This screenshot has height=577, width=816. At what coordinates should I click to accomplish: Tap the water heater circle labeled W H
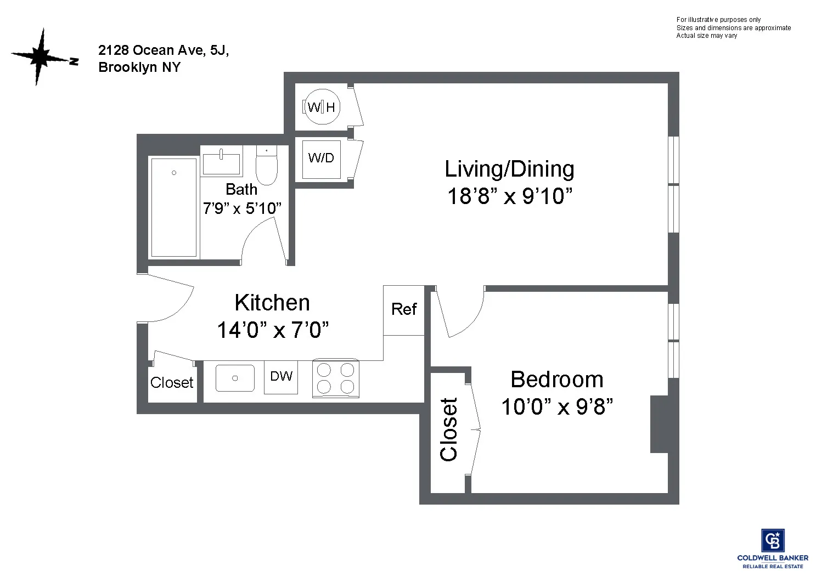coord(322,107)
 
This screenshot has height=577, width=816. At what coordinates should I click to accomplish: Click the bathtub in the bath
coord(173,207)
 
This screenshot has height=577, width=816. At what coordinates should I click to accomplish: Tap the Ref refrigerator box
coord(404,310)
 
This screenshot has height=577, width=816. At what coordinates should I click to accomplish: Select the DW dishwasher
coord(281,377)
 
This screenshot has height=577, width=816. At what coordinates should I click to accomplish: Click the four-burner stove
coord(335,378)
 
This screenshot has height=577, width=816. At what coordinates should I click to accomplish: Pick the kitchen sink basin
coord(235,378)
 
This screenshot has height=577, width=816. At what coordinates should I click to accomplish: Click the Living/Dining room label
coord(509,169)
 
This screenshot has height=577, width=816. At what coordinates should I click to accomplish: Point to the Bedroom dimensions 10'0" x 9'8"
coord(556,407)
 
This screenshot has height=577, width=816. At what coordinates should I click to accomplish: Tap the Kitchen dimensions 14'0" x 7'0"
coord(273,330)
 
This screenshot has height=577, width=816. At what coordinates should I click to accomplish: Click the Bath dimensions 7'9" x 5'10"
coord(242,208)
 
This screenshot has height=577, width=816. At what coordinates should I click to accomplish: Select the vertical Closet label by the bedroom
coord(449,429)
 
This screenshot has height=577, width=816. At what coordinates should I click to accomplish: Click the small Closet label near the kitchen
coord(172,383)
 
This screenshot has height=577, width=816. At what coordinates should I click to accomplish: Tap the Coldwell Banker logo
coord(772,548)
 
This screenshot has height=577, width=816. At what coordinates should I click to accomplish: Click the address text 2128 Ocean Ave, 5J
coord(164,50)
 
